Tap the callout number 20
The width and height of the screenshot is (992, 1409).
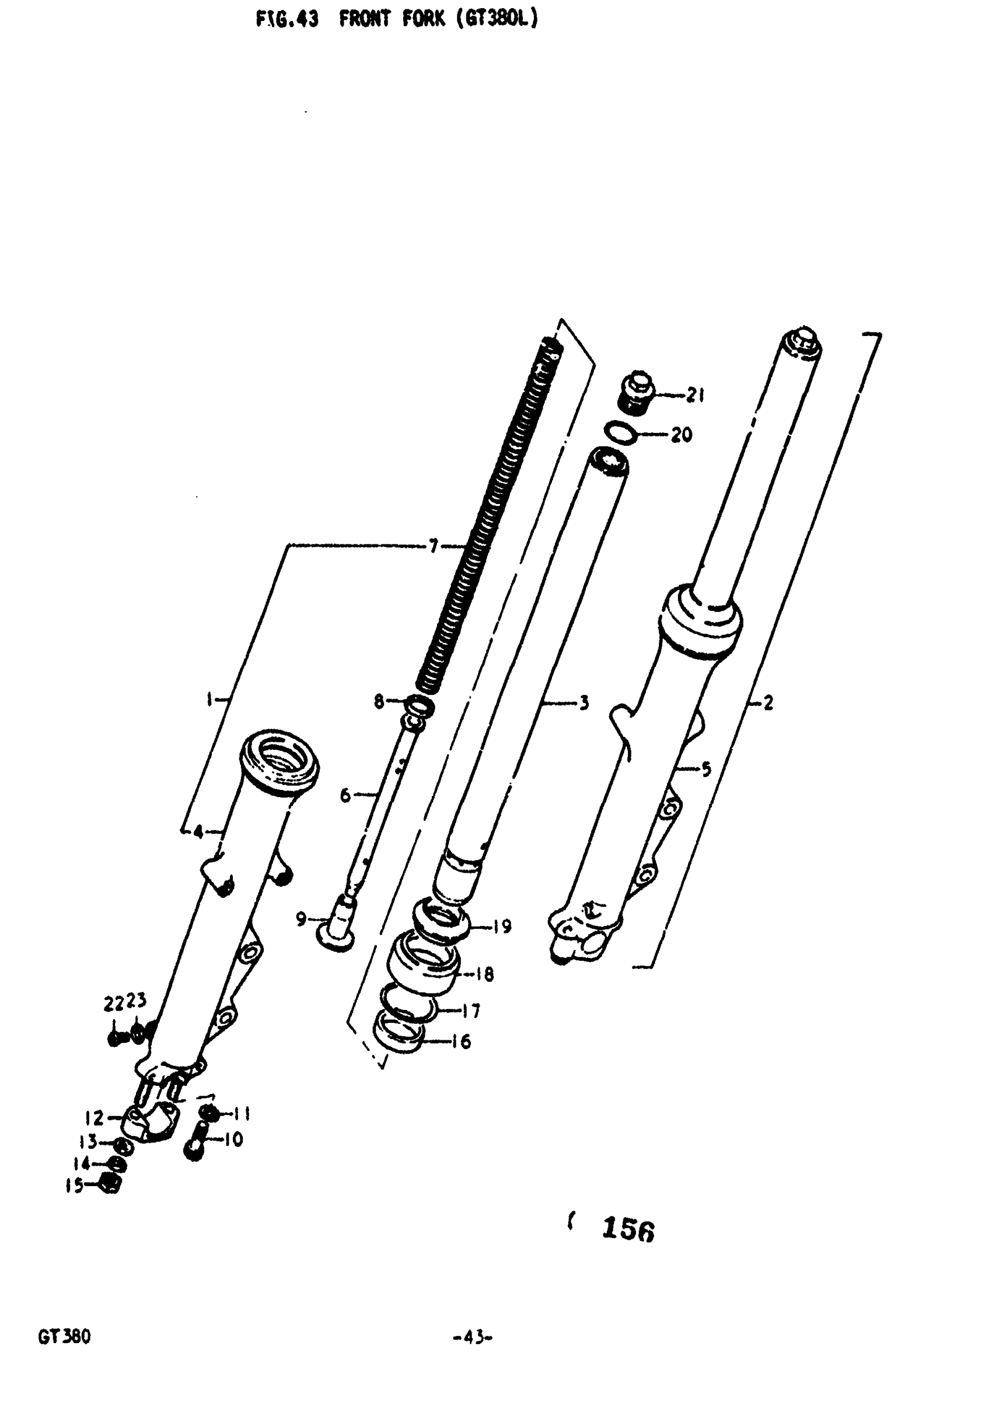tap(682, 435)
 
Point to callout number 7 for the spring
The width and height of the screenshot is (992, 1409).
tap(434, 546)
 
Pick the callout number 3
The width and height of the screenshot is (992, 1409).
tap(584, 702)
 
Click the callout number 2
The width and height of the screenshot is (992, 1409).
tap(768, 703)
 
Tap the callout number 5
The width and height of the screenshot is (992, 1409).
tap(706, 768)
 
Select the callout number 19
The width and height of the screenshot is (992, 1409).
tap(502, 926)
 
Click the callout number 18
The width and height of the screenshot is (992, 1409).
tap(484, 974)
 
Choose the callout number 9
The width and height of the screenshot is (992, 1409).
tap(301, 919)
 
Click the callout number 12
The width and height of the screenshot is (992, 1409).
tap(94, 1118)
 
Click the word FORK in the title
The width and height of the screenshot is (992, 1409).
tap(424, 20)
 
